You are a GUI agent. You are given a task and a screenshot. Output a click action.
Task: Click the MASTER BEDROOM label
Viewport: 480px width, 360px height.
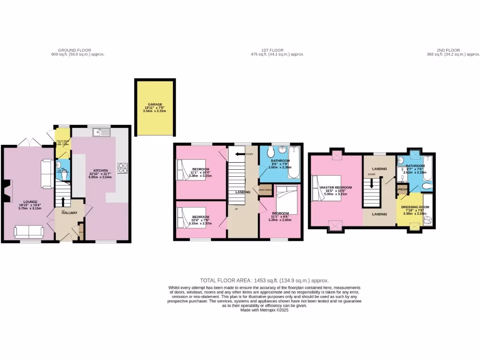pyautogui.click(x=336, y=187)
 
